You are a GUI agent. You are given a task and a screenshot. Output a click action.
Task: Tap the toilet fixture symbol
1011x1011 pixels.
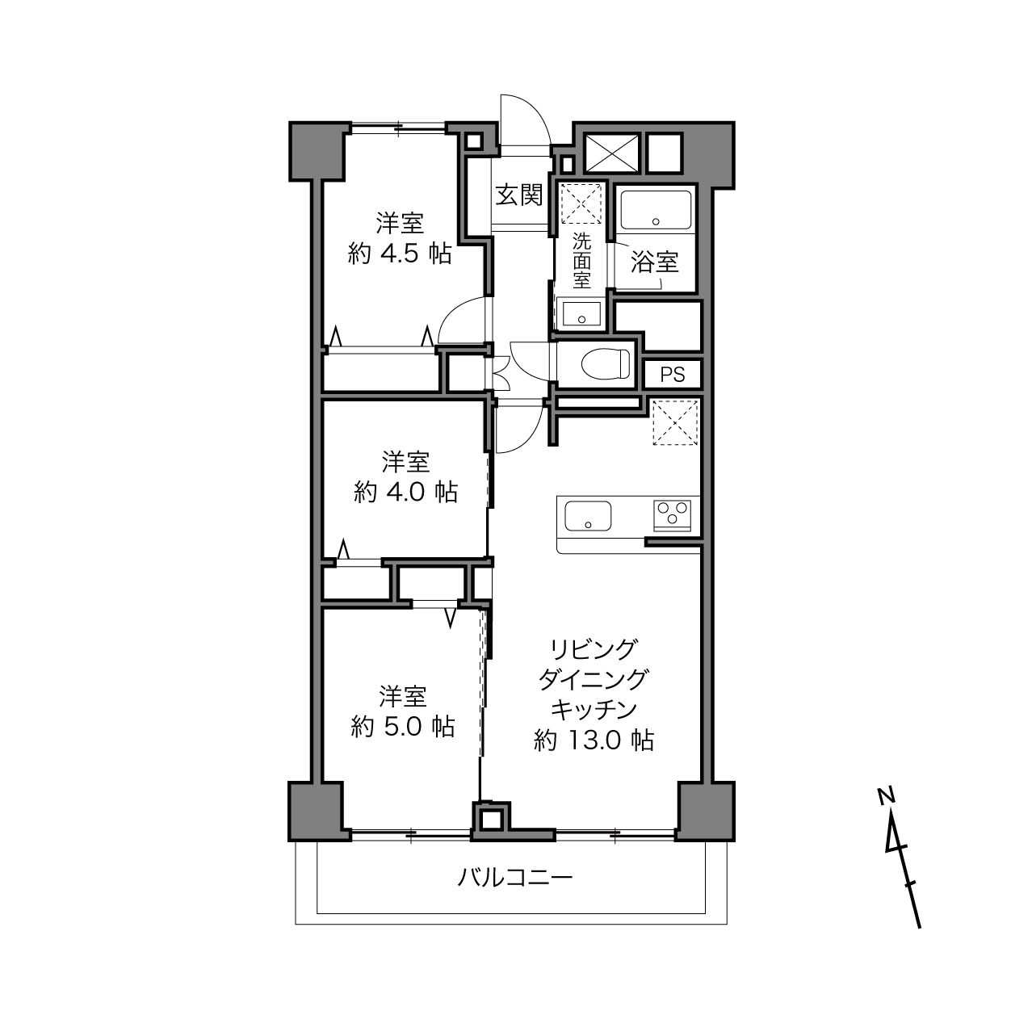click(606, 363)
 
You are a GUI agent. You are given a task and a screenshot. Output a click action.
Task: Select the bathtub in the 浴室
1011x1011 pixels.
click(656, 210)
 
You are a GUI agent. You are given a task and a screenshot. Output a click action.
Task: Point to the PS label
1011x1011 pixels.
click(673, 375)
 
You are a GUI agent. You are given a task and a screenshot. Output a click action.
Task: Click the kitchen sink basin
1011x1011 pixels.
click(588, 516)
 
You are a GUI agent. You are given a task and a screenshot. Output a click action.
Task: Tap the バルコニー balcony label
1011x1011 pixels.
click(515, 877)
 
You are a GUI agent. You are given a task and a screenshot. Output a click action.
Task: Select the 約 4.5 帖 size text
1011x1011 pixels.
click(399, 254)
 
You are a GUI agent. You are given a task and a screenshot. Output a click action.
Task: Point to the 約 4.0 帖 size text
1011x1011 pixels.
click(405, 492)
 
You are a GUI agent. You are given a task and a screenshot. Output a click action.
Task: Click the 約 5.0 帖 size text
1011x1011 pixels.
click(402, 728)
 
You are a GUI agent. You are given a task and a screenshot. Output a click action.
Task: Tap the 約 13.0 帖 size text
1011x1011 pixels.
click(594, 740)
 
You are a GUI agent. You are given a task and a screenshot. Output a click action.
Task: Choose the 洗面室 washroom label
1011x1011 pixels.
click(581, 261)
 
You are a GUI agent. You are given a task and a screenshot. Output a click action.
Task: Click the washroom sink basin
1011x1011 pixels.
click(581, 314)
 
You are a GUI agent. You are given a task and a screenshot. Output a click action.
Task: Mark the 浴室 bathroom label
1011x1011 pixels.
click(655, 262)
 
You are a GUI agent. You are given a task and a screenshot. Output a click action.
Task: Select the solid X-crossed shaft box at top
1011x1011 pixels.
click(612, 153)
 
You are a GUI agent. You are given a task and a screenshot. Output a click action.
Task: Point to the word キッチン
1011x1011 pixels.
click(594, 709)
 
